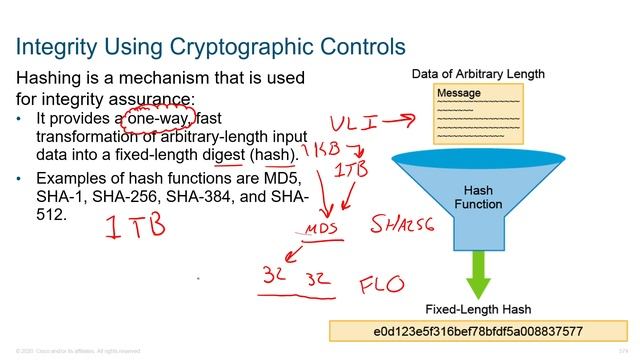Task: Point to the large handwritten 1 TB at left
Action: pos(134,226)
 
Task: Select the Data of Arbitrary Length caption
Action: pos(478,74)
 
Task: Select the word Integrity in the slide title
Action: pos(59,46)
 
